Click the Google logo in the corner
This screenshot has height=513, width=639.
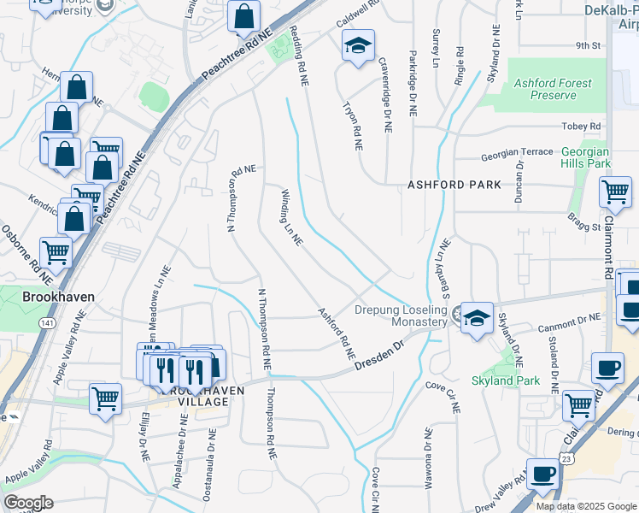tap(28, 503)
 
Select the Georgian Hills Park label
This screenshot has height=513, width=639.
tap(586, 156)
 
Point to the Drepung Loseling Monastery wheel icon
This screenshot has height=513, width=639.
tap(457, 315)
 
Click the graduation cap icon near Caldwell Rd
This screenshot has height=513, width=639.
tap(358, 46)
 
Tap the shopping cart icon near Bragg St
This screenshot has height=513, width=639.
tap(615, 194)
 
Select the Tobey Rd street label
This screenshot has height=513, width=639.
tap(583, 127)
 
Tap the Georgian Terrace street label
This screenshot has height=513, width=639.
tap(516, 152)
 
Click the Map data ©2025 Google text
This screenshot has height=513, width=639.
tap(585, 506)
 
